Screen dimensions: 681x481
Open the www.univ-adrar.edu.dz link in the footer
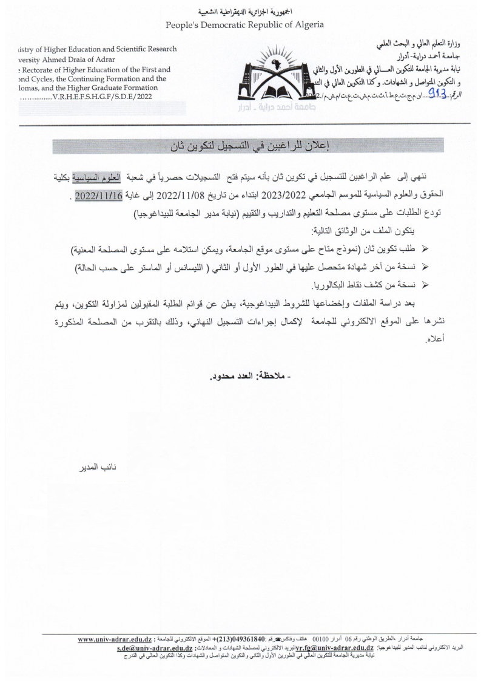(114, 640)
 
